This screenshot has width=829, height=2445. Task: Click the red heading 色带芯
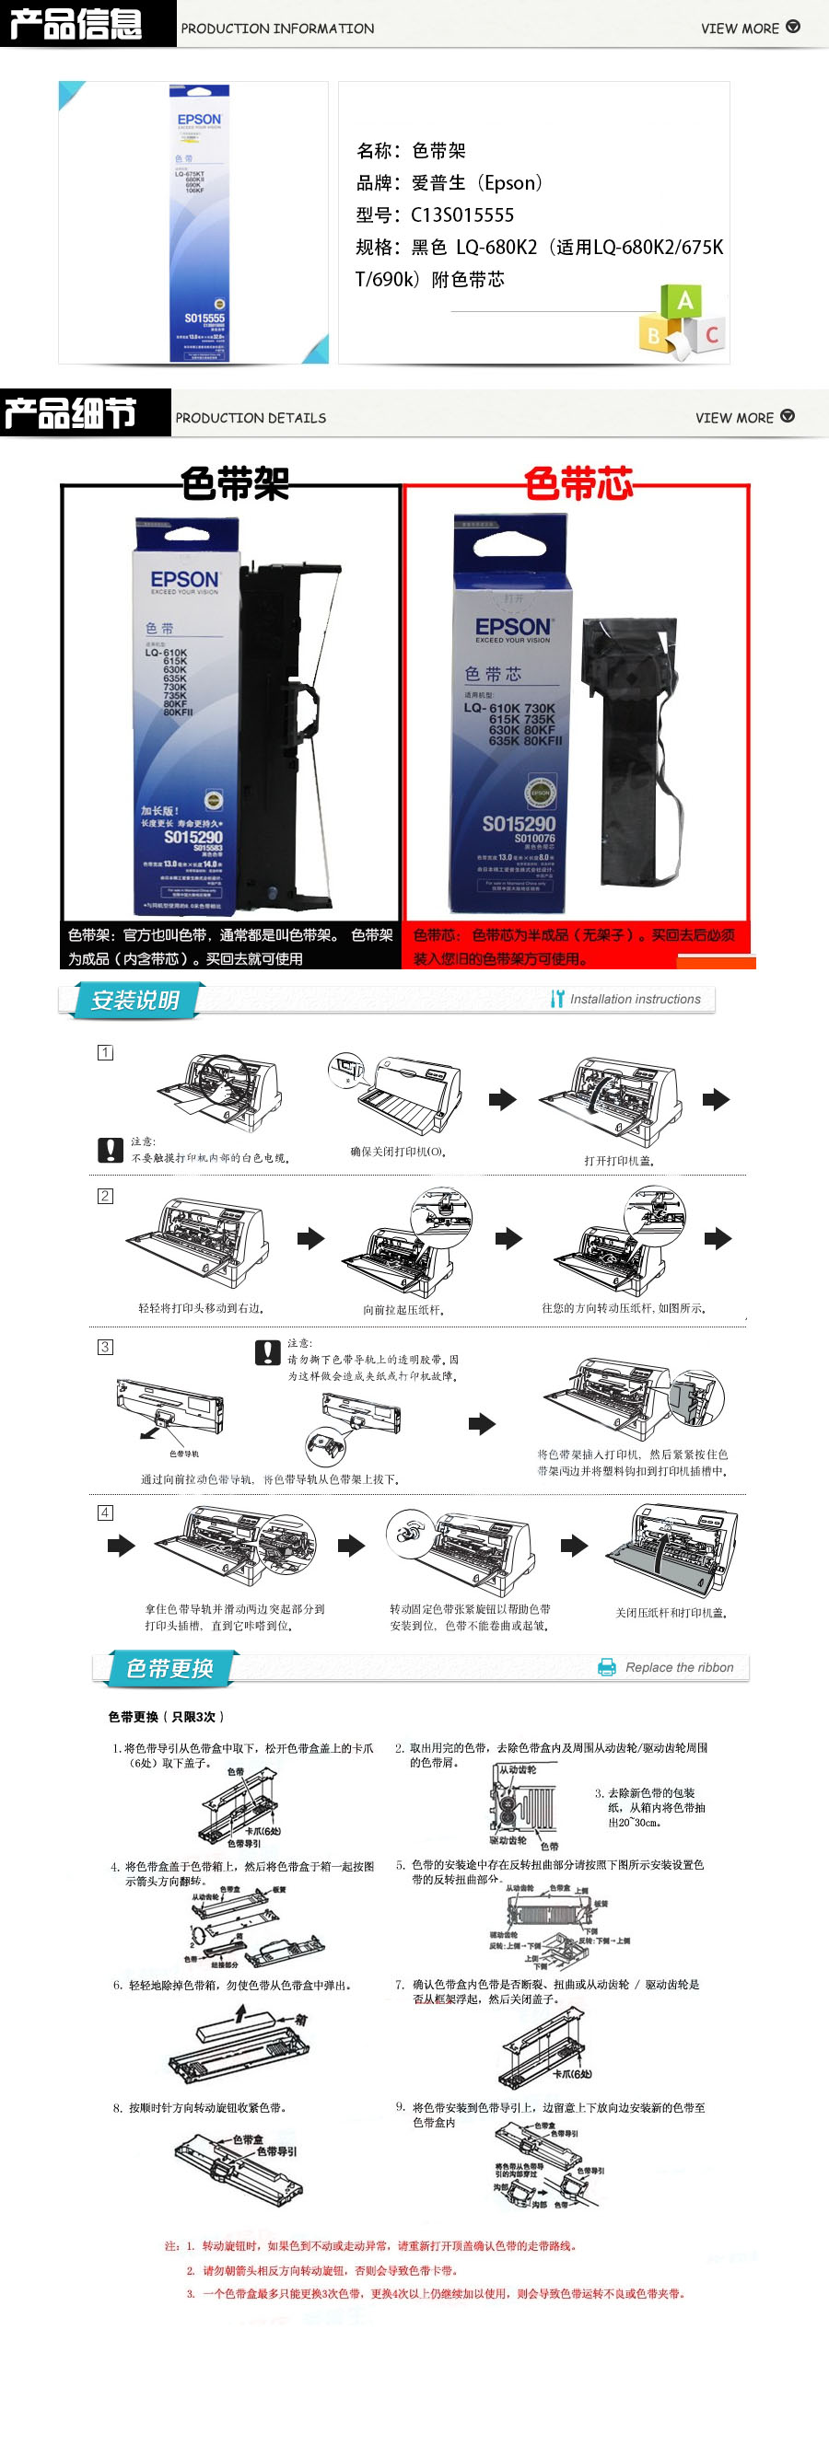(x=578, y=483)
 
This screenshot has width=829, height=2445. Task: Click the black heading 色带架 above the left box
(x=236, y=483)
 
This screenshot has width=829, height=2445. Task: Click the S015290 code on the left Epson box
(x=193, y=837)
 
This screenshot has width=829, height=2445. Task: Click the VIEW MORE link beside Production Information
(x=749, y=28)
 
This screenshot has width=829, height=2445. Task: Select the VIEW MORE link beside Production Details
(x=743, y=417)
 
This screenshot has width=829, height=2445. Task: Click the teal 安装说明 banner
(x=134, y=1000)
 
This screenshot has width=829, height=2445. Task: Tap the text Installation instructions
(x=635, y=1000)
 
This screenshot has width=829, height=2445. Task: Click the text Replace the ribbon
(x=678, y=1668)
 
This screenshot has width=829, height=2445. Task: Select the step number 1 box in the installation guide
(x=105, y=1052)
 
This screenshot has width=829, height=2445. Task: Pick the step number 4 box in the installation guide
(x=105, y=1512)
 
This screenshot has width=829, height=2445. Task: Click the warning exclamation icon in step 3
(x=268, y=1351)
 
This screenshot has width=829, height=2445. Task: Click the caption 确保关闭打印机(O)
(x=398, y=1152)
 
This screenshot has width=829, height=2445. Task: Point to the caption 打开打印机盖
(x=619, y=1160)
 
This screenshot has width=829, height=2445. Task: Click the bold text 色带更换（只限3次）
(x=166, y=1716)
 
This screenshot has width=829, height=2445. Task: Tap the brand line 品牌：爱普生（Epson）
(x=450, y=183)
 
